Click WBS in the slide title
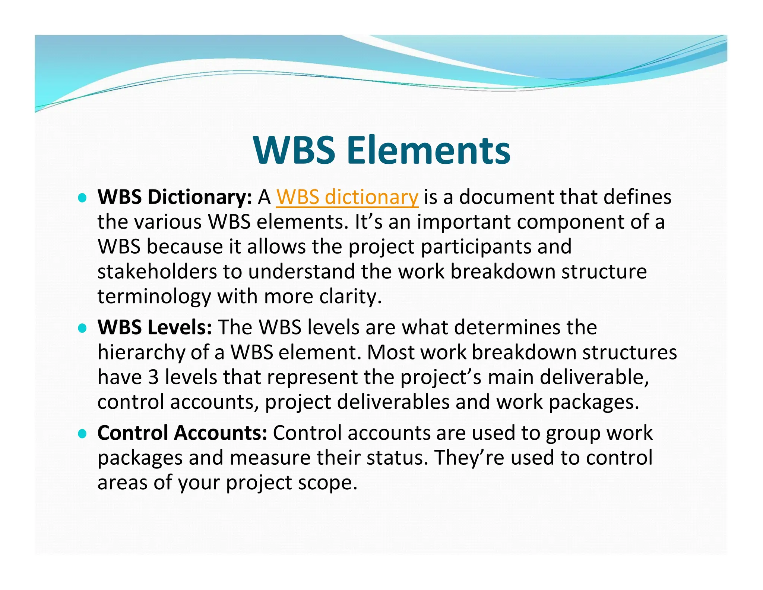point(294,150)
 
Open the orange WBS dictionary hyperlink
point(347,197)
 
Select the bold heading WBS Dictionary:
point(175,197)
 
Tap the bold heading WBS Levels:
point(155,327)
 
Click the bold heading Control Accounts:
point(182,433)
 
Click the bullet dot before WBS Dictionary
point(82,198)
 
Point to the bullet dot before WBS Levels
point(82,328)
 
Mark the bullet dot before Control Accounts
point(82,434)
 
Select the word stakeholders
point(157,272)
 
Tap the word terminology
point(154,297)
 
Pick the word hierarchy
point(141,352)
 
